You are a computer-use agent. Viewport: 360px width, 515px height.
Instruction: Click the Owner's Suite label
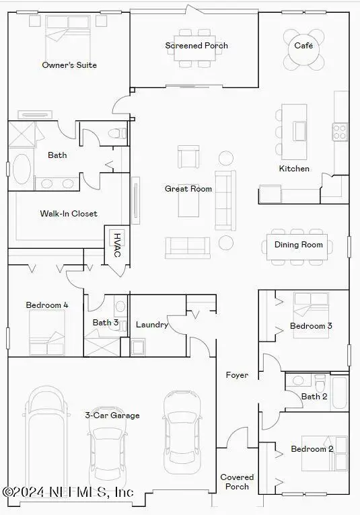(69, 65)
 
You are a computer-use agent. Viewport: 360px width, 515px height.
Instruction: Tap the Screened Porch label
(196, 46)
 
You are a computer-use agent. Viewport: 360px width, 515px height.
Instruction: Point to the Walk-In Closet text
(69, 214)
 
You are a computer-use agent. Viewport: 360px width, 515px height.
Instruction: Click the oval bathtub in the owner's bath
(22, 169)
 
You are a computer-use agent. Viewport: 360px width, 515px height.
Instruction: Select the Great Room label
(188, 189)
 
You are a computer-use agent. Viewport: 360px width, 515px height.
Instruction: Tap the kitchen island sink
(299, 130)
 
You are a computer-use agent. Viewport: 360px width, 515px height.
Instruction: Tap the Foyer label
(237, 375)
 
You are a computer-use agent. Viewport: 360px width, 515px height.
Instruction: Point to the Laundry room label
(152, 325)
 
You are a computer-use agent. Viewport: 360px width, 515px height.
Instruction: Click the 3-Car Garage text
(112, 415)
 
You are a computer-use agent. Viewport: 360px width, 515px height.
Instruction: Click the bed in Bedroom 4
(48, 331)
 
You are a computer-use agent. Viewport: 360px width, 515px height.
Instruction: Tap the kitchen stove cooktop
(340, 130)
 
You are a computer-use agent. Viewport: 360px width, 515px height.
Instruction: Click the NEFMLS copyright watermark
(67, 493)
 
